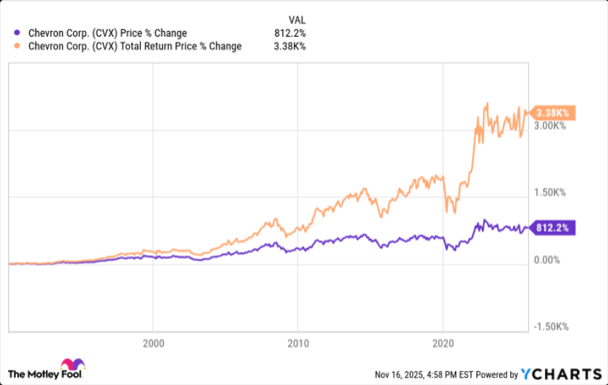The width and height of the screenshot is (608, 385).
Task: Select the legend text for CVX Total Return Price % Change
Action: tap(134, 47)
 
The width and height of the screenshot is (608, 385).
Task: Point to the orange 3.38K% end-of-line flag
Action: tap(554, 113)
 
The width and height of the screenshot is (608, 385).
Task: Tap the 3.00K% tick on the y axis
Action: tap(550, 126)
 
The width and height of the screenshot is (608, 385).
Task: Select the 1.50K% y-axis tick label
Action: tap(550, 193)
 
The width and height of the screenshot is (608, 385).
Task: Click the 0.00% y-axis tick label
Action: tap(548, 260)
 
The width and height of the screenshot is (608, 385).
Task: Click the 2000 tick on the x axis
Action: tap(153, 343)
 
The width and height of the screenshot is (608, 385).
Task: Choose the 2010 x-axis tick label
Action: tap(297, 343)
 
